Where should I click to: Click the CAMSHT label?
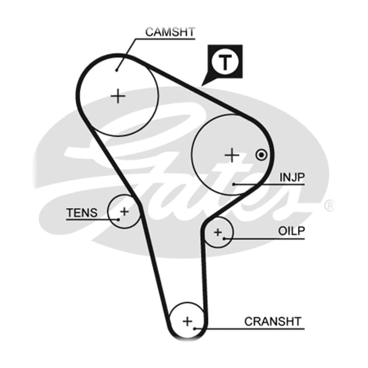[170, 32]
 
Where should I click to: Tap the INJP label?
[292, 178]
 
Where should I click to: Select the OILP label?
[291, 231]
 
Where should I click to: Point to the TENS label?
[82, 213]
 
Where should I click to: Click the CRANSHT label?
[273, 322]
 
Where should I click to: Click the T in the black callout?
[225, 62]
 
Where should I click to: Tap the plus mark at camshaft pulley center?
[118, 96]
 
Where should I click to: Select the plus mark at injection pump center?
[232, 155]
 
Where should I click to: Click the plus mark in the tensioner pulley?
[125, 212]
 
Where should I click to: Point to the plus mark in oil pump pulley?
[218, 232]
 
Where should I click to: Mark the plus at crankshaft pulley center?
[187, 321]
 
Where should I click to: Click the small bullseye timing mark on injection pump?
[261, 155]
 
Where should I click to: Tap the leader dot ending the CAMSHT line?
[116, 71]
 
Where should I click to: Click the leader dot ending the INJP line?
[233, 184]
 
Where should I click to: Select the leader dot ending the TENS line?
[118, 220]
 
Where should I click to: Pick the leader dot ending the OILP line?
[225, 239]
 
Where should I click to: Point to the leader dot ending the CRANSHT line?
[195, 329]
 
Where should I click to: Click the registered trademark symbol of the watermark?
[329, 205]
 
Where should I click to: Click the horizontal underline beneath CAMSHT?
[165, 39]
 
